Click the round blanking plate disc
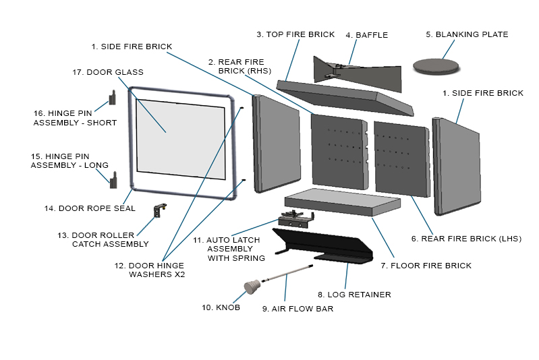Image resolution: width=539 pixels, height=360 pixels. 436,65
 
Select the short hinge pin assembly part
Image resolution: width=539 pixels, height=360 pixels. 113,98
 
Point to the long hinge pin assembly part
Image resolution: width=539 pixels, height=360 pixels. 114,179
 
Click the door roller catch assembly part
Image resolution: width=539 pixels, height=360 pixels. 161,210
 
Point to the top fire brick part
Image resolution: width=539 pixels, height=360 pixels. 344,94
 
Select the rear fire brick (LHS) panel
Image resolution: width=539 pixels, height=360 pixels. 401,157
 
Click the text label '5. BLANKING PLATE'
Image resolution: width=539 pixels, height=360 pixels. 466,34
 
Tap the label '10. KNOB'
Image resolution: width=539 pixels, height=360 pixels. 221,307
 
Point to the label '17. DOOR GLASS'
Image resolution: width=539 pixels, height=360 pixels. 107,72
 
